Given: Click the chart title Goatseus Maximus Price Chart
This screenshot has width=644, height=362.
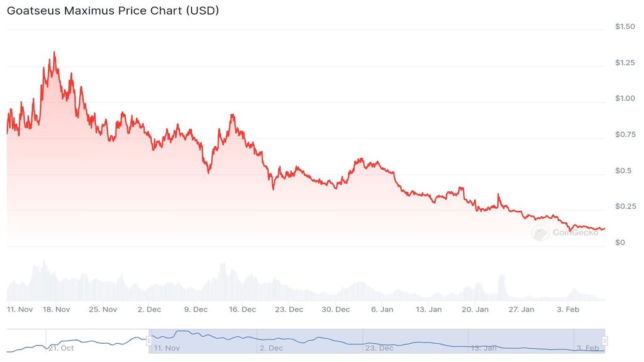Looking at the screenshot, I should [x=113, y=11].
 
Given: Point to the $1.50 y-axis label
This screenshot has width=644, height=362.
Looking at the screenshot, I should [x=625, y=26].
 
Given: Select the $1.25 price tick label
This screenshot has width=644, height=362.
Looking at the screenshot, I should [x=625, y=62].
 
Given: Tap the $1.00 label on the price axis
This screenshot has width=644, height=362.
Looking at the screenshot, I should [x=625, y=99].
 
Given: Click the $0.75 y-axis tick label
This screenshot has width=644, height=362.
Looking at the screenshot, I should [x=625, y=134].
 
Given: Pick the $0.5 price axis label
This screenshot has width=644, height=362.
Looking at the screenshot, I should [x=623, y=170].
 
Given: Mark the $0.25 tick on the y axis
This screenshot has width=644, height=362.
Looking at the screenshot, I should [x=625, y=206].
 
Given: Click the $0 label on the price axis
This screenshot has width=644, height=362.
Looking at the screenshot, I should [x=619, y=243].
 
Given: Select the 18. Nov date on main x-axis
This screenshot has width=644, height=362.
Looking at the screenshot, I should [x=57, y=309].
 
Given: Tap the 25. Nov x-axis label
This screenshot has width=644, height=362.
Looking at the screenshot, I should [x=103, y=309].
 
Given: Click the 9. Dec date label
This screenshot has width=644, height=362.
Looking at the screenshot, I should [x=196, y=309].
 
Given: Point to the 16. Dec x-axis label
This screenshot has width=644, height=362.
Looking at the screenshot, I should [x=242, y=309].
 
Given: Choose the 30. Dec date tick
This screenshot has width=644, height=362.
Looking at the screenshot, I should [x=335, y=309].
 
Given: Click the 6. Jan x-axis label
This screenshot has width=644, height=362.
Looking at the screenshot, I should [x=382, y=309].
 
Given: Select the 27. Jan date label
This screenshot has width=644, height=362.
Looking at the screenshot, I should [x=521, y=309].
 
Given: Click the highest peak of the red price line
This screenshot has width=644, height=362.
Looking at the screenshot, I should [x=54, y=52].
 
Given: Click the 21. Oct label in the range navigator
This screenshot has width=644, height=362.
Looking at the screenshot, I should [x=62, y=348].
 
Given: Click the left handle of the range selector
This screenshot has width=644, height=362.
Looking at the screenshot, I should [x=149, y=341].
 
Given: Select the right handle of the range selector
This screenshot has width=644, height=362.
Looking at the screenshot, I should [x=604, y=341].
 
